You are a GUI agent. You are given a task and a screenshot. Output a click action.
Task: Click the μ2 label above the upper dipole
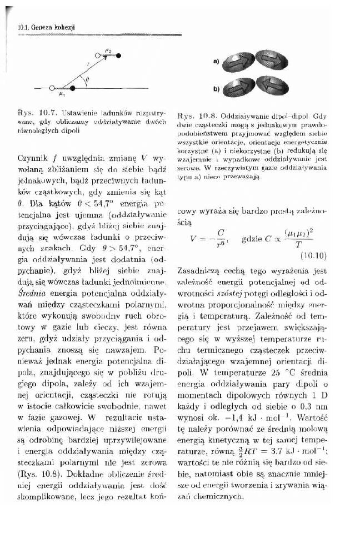point(109,50)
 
